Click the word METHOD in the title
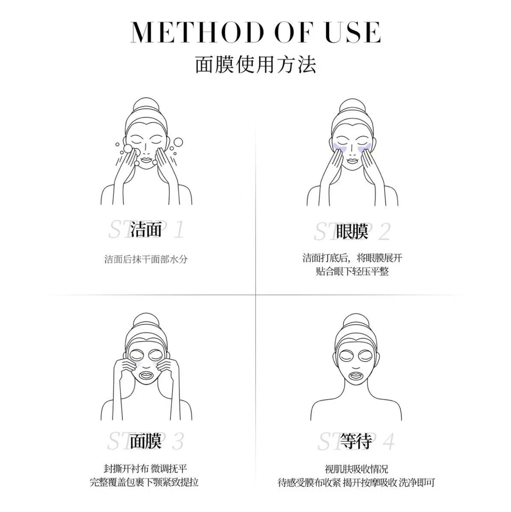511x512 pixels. point(197,33)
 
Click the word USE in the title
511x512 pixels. point(353,33)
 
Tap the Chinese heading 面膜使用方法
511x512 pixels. point(255,65)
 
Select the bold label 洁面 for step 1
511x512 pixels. point(146,229)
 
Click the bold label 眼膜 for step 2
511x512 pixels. point(352,231)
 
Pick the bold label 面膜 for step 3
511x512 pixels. point(146,441)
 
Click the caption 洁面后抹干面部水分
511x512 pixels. point(146,259)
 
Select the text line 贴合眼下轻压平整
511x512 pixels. point(352,271)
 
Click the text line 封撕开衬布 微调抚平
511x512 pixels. point(146,469)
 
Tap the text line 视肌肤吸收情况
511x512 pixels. point(356,469)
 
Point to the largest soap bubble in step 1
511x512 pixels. point(178,143)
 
